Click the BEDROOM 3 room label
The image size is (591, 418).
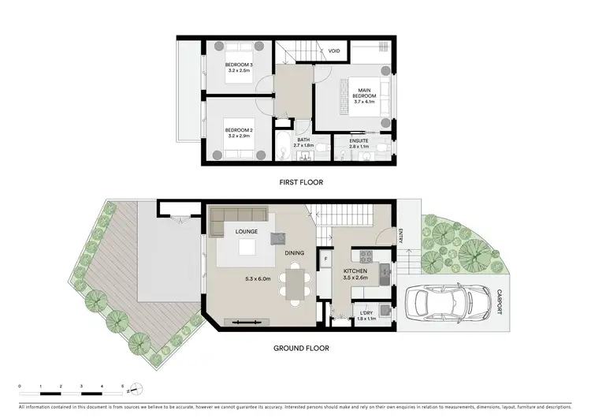[239, 65]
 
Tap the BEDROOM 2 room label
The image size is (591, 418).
[239, 129]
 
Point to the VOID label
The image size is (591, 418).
[334, 51]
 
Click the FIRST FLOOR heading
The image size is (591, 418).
[301, 182]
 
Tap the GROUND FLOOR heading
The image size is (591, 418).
[301, 348]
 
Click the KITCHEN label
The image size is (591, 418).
[355, 271]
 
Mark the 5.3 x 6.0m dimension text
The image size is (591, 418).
[258, 278]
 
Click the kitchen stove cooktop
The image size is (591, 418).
[366, 256]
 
